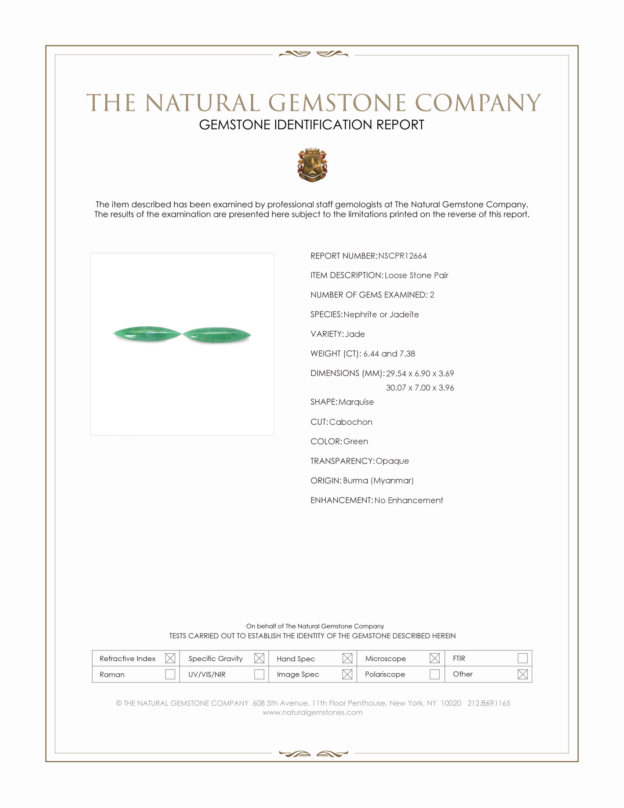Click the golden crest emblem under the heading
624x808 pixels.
coord(312,165)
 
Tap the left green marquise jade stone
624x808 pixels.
coord(147,334)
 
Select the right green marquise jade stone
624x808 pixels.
coord(217,335)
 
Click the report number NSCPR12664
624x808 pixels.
coord(402,256)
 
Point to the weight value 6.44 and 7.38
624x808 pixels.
coord(389,354)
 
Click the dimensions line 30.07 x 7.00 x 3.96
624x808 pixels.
coord(420,388)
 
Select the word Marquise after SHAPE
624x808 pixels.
coord(356,402)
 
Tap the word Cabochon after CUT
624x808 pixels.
coord(351,422)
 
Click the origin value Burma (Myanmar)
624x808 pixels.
coord(378,481)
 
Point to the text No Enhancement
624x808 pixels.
coord(409,501)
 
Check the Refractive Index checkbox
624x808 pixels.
coord(170,658)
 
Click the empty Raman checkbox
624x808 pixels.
coord(170,674)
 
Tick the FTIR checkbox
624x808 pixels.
coord(522,658)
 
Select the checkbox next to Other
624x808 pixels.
coord(522,674)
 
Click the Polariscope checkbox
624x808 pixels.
coord(435,674)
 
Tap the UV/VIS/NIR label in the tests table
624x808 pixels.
coord(207,674)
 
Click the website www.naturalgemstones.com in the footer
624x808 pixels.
coord(312,713)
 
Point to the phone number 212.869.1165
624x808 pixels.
coord(489,703)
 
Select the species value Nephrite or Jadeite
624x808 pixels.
coord(381,314)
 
